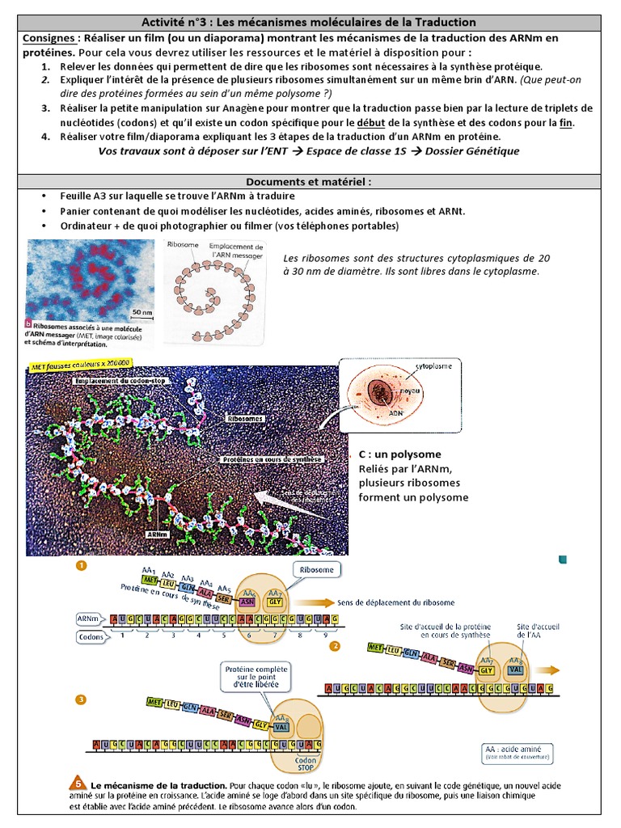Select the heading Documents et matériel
pyautogui.click(x=310, y=182)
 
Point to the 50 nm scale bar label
pyautogui.click(x=142, y=310)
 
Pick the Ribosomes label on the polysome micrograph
pyautogui.click(x=244, y=420)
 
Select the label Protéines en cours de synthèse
pyautogui.click(x=272, y=458)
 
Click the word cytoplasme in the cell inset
pyautogui.click(x=433, y=366)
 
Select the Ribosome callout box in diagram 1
pyautogui.click(x=315, y=569)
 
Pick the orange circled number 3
pyautogui.click(x=80, y=699)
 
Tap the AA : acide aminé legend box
pyautogui.click(x=516, y=753)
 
